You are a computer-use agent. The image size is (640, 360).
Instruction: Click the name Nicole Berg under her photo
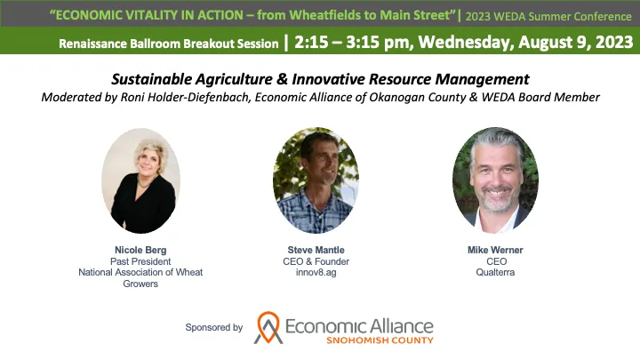(140, 251)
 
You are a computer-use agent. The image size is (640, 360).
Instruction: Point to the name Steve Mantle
(316, 251)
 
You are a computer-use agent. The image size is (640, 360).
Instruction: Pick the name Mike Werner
(495, 251)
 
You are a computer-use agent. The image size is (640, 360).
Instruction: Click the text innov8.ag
(316, 273)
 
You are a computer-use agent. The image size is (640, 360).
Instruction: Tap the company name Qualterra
(495, 273)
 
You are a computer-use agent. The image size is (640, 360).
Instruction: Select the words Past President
(140, 262)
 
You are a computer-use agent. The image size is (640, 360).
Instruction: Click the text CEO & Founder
(316, 262)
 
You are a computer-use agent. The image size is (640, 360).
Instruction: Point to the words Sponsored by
(214, 327)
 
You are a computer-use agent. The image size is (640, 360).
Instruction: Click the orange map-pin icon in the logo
(268, 327)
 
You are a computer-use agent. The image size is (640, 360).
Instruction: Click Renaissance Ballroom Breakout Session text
(168, 42)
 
